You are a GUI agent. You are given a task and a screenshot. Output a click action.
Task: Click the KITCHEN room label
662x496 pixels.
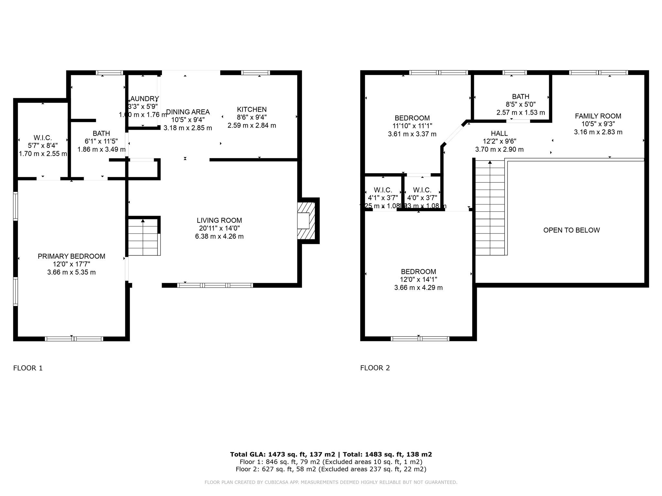pos(251,109)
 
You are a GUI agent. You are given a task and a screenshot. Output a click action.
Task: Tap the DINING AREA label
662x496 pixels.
pos(188,112)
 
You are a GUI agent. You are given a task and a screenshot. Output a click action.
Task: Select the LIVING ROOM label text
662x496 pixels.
pos(219,220)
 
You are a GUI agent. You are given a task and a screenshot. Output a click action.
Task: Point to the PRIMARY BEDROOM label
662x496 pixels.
pos(71,256)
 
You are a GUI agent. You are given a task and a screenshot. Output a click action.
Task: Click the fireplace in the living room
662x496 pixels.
pos(306,221)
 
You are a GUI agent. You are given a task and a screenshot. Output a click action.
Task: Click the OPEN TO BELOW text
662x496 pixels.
pos(571,230)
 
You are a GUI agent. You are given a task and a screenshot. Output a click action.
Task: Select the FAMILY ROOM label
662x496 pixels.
pos(598,116)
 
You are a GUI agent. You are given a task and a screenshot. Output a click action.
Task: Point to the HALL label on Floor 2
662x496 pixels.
pos(499,133)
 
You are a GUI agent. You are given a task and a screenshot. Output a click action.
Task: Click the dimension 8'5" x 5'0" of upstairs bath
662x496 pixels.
pos(520,105)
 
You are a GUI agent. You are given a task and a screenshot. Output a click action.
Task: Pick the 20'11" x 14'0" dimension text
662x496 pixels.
pos(219,228)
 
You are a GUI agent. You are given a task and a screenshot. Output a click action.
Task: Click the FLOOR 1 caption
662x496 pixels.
pos(28,368)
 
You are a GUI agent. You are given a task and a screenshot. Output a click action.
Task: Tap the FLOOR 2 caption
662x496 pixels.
pos(375,368)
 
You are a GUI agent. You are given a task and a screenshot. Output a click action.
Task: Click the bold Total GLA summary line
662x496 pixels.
pos(331,454)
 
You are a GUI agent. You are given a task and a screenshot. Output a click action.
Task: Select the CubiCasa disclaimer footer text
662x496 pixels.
pos(331,482)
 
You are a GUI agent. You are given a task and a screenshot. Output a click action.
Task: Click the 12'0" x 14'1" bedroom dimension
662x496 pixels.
pos(418,280)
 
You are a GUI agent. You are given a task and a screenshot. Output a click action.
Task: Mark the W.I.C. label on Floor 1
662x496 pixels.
pos(43,138)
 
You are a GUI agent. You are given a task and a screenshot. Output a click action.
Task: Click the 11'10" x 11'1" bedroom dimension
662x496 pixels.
pos(412,126)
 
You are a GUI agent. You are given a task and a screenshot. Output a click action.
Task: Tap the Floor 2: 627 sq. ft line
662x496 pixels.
pos(331,469)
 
